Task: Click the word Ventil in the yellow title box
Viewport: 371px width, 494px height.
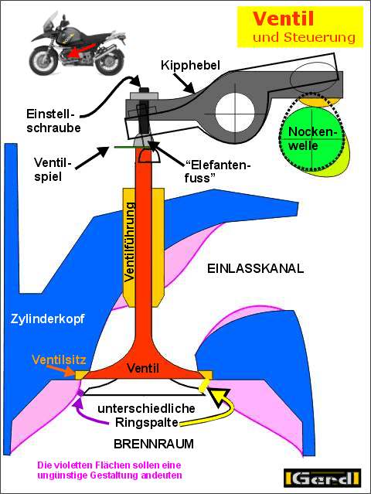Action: tap(283, 19)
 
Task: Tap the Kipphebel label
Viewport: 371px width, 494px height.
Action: tap(190, 65)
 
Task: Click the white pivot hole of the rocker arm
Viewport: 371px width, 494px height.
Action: tap(235, 112)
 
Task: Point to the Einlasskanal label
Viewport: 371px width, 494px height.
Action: tap(255, 269)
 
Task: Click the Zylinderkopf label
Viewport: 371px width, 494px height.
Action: tap(48, 319)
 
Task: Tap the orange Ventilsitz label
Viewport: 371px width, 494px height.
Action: tap(59, 359)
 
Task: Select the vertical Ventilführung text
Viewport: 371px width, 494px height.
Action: tap(129, 242)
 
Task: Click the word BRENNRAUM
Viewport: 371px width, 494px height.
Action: tap(154, 444)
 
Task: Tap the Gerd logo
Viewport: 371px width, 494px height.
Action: tap(322, 478)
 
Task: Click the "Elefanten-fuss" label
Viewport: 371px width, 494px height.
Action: tap(217, 171)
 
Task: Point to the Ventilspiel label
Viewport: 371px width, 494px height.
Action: tap(53, 169)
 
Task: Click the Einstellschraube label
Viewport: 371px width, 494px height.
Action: tap(53, 121)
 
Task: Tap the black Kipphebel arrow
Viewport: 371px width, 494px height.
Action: tap(183, 83)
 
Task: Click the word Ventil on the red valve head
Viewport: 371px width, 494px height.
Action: tap(143, 368)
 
